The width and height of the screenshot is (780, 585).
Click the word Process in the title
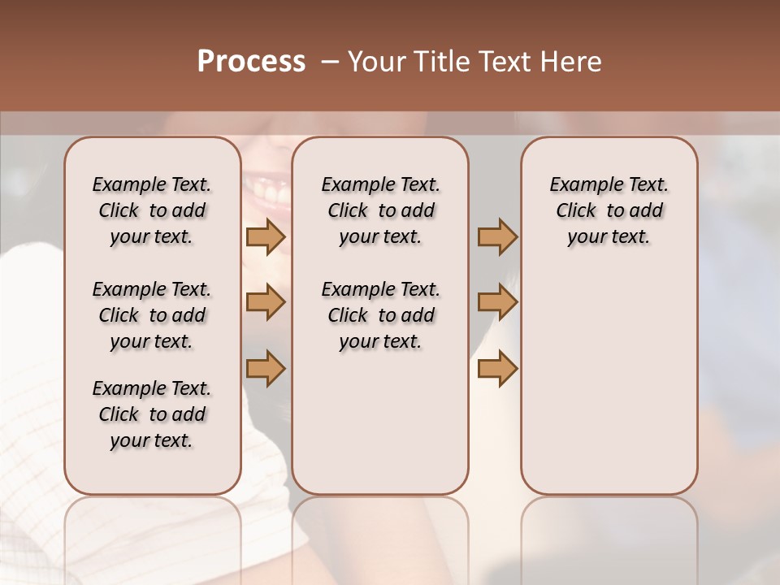click(251, 62)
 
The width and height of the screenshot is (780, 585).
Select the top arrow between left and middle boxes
click(266, 236)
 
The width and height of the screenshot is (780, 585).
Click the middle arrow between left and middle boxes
click(266, 302)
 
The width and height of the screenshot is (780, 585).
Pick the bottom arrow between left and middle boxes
click(266, 368)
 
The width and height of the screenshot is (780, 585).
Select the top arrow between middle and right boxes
click(497, 236)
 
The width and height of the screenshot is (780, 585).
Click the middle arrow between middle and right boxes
click(497, 302)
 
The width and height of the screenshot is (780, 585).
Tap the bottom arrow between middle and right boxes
click(497, 368)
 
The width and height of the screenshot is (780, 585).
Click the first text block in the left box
click(152, 210)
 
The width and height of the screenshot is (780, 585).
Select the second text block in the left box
click(152, 315)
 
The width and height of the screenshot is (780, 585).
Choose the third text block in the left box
click(152, 414)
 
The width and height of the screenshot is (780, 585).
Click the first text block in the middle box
click(380, 210)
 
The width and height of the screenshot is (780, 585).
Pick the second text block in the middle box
click(380, 315)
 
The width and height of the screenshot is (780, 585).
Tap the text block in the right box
click(609, 210)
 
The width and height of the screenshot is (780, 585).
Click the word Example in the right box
click(579, 185)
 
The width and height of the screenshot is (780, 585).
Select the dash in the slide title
click(329, 62)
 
